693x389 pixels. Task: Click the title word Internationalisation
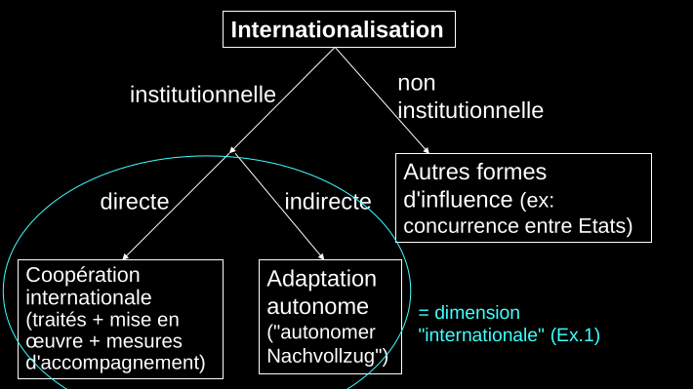click(x=337, y=29)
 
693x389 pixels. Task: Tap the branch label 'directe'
click(x=135, y=202)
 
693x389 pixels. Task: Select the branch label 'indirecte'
click(x=328, y=202)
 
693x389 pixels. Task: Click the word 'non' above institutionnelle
click(x=417, y=84)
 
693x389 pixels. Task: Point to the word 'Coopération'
click(x=83, y=275)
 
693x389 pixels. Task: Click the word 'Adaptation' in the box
click(x=321, y=279)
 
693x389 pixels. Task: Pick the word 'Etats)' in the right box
click(x=605, y=226)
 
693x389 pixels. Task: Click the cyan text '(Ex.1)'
click(x=575, y=335)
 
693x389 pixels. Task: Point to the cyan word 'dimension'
click(x=477, y=313)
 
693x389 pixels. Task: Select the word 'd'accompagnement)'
click(x=115, y=363)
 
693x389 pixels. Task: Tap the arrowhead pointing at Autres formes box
click(x=427, y=151)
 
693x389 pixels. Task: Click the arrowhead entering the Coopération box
click(x=125, y=256)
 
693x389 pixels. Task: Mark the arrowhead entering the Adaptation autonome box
click(x=322, y=256)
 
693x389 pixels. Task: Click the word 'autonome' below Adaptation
click(x=317, y=306)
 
